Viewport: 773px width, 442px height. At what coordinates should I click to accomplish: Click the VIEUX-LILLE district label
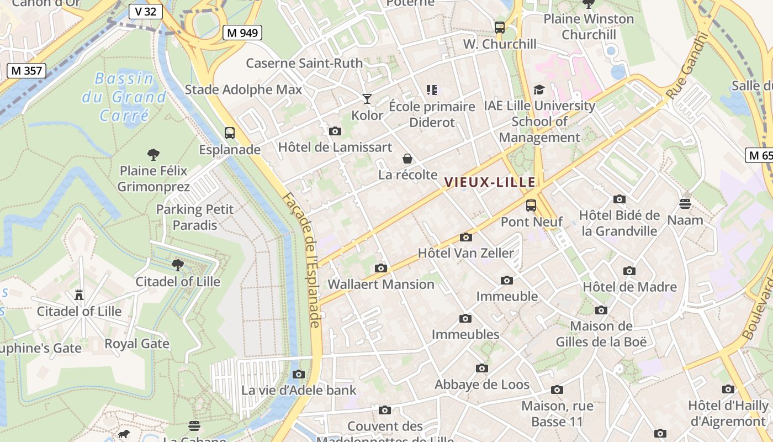click(x=490, y=182)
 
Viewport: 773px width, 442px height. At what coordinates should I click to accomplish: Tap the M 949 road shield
click(x=242, y=33)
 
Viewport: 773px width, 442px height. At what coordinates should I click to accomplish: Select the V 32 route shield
click(x=146, y=11)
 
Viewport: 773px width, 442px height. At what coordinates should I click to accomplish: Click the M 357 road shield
click(x=27, y=70)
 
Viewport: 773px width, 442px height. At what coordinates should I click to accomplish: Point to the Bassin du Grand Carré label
click(x=124, y=97)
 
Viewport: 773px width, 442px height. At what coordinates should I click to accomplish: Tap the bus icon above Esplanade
click(x=229, y=133)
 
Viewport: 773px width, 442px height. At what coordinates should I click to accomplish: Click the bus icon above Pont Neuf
click(x=531, y=206)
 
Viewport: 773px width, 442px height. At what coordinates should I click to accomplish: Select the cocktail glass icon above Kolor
click(x=367, y=99)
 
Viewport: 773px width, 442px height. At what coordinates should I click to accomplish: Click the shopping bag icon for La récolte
click(x=407, y=159)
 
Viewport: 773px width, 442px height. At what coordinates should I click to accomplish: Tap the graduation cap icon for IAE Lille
click(x=539, y=90)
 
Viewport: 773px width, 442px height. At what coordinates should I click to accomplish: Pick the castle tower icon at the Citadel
click(x=79, y=295)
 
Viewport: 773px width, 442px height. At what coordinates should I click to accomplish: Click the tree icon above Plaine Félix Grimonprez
click(x=153, y=154)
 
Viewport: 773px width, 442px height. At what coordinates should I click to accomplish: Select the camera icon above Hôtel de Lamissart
click(x=335, y=131)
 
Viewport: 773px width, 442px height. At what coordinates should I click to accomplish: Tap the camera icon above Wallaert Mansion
click(x=381, y=269)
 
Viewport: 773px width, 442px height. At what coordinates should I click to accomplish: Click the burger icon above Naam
click(x=685, y=204)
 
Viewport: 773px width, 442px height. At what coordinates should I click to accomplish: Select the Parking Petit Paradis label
click(x=195, y=217)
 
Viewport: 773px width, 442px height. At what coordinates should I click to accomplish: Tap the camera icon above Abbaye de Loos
click(x=482, y=368)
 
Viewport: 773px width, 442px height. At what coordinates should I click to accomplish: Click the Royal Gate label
click(x=137, y=344)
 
